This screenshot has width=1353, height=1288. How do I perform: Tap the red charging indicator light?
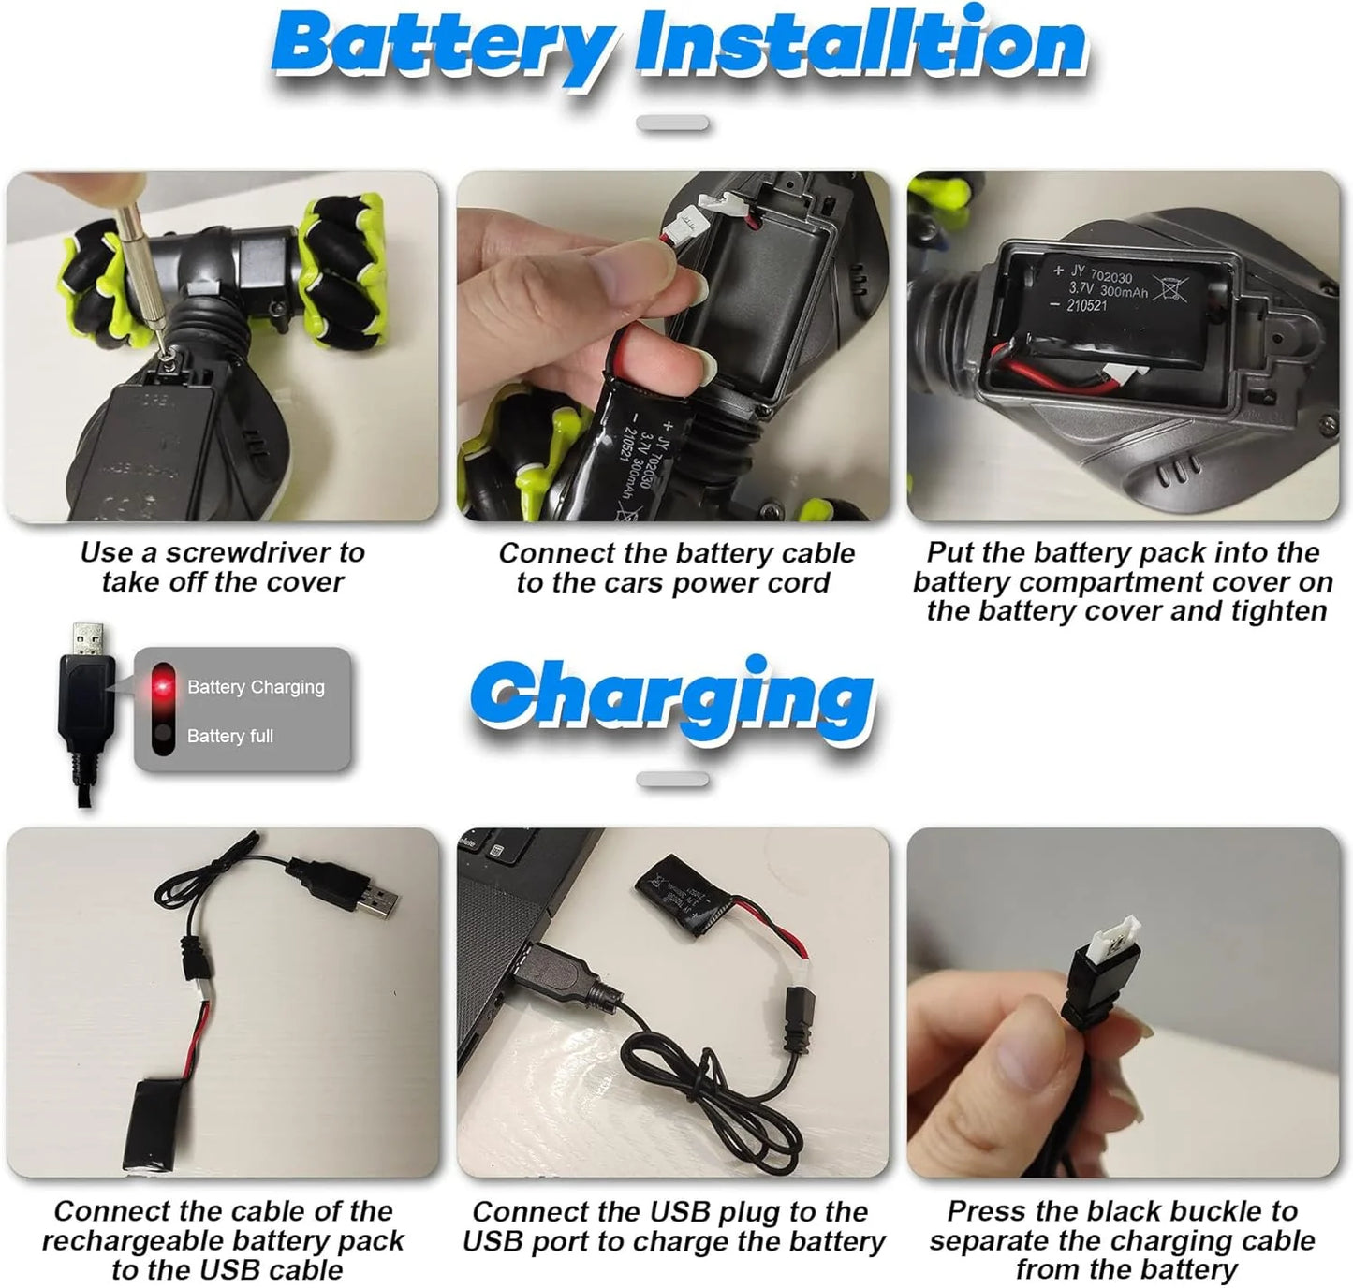(x=164, y=687)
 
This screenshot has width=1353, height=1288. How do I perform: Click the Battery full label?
(x=230, y=737)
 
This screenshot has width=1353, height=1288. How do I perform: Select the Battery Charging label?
(x=256, y=687)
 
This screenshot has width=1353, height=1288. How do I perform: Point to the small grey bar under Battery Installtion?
(x=672, y=124)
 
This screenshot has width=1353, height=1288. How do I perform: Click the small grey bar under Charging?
(x=672, y=779)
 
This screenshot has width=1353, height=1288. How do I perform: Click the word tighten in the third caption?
(x=1280, y=611)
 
